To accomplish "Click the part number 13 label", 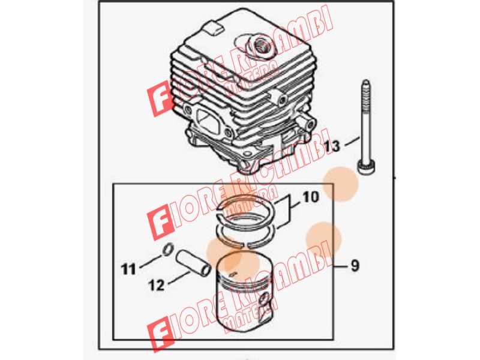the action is click(x=332, y=146).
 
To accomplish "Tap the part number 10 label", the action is click(x=311, y=197).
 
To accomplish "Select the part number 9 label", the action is click(x=355, y=265).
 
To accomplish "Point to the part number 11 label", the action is click(x=128, y=269).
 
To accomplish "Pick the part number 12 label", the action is click(x=156, y=285).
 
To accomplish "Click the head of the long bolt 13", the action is click(x=366, y=168).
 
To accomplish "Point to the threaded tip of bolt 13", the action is click(x=366, y=87).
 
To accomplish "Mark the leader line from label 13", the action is click(x=352, y=142).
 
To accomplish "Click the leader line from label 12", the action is click(x=179, y=277).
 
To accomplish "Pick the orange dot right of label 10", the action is click(x=341, y=184).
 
